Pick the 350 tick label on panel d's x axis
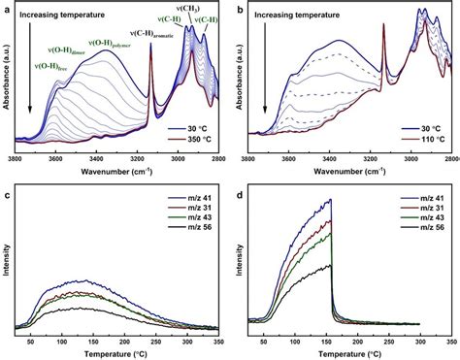point(448,342)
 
